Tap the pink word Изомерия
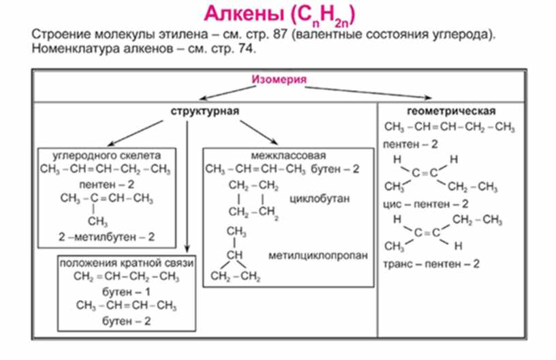tap(279, 80)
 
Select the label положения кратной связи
tap(127, 263)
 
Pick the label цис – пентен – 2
tap(426, 203)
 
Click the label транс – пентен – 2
tap(432, 263)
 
